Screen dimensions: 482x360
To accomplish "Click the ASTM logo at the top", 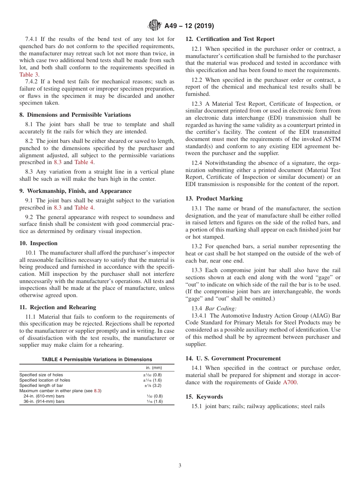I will [154, 26].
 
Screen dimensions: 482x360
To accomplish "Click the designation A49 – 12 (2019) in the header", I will [189, 26].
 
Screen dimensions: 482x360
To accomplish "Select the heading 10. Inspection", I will [38, 243].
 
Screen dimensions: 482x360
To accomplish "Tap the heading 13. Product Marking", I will [214, 199].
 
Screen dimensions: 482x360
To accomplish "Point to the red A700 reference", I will [290, 382].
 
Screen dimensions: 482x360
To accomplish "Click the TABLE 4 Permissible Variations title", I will [97, 359].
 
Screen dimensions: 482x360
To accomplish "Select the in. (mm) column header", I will [154, 368].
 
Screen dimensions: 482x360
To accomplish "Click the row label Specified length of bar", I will [41, 385].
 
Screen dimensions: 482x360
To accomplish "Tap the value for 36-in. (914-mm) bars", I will [155, 401].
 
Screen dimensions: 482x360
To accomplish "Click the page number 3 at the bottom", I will [180, 466].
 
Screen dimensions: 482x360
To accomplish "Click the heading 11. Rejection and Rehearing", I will [58, 307].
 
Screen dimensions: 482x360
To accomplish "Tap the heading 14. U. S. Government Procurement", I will [233, 358].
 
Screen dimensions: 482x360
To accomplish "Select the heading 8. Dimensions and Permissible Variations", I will [75, 115].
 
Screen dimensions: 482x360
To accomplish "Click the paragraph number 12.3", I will [197, 104].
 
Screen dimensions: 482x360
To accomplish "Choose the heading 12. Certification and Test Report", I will [230, 39].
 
